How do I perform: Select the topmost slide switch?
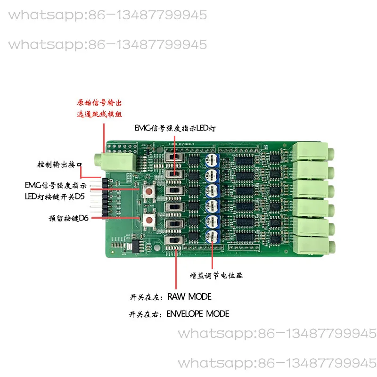pos(173,158)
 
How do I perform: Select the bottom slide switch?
pos(174,242)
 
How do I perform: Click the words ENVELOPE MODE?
pos(198,314)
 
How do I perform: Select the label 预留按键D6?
pos(68,218)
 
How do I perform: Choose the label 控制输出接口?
pos(59,165)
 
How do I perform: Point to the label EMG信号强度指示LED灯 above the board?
pos(175,128)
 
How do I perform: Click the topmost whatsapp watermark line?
pos(107,15)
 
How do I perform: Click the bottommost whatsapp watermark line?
pos(277,364)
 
